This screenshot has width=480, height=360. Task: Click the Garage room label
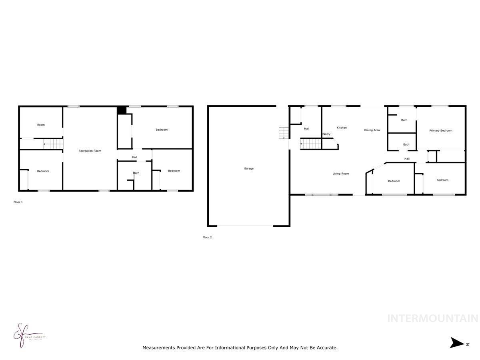(248, 168)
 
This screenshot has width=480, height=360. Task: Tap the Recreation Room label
(90, 151)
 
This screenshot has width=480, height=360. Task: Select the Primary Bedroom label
(440, 130)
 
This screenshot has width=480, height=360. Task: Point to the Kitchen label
(342, 128)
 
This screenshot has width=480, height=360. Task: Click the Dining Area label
(372, 130)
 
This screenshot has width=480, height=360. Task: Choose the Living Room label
(341, 174)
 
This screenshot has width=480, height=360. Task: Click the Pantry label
(326, 134)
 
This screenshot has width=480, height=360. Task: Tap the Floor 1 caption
(18, 202)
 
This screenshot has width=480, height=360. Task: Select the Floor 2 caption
(207, 237)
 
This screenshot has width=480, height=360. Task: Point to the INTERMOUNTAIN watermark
(432, 318)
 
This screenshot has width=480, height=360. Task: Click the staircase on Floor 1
(54, 144)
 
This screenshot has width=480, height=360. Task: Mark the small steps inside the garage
(283, 132)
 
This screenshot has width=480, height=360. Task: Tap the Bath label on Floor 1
(136, 173)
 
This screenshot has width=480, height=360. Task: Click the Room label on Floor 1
(41, 125)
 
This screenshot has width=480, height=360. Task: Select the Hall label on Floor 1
(134, 157)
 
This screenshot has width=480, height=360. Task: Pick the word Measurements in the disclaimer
(159, 348)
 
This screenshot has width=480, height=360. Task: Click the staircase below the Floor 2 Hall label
(311, 143)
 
